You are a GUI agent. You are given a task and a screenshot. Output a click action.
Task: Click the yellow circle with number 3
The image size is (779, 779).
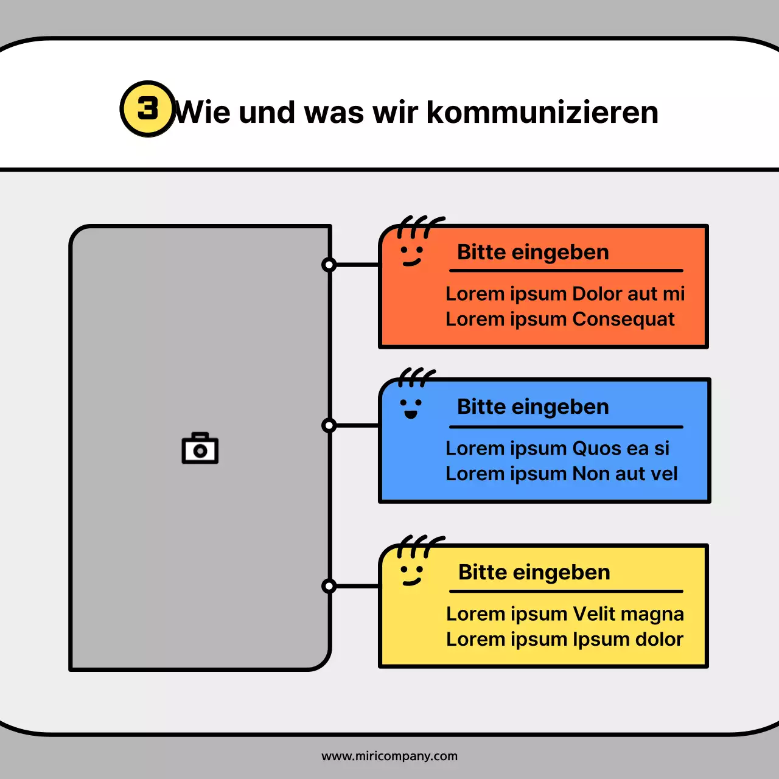point(147,109)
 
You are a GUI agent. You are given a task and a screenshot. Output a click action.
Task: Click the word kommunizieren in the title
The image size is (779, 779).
point(542,113)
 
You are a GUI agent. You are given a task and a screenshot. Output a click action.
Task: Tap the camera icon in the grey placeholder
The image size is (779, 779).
point(200,449)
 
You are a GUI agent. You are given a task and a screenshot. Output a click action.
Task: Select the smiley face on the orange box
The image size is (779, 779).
point(411,254)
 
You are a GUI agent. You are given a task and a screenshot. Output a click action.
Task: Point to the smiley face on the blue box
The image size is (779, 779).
point(411,407)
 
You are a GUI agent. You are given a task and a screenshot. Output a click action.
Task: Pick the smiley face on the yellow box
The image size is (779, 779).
point(411,573)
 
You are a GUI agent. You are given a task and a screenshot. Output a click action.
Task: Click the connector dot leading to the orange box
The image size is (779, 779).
point(329,265)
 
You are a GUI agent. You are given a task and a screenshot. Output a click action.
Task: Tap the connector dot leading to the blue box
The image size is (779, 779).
point(329,425)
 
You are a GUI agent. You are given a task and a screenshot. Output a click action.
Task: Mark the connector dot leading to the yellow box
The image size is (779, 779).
point(329,586)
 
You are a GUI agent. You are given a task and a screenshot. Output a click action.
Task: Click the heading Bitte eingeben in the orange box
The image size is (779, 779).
point(533,252)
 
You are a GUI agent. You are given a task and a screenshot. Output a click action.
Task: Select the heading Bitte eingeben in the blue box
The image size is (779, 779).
point(533,407)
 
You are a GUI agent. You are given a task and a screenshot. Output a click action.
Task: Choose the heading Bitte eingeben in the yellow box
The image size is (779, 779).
point(534,572)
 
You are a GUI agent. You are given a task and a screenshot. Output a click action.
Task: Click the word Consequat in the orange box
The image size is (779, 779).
point(623,320)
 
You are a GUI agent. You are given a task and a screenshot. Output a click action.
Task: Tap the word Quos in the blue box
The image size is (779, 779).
point(597,449)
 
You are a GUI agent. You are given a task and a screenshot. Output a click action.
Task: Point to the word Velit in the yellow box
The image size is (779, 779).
point(595,614)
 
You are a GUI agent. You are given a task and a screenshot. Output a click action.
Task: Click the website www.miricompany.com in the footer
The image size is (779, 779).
point(389,756)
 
